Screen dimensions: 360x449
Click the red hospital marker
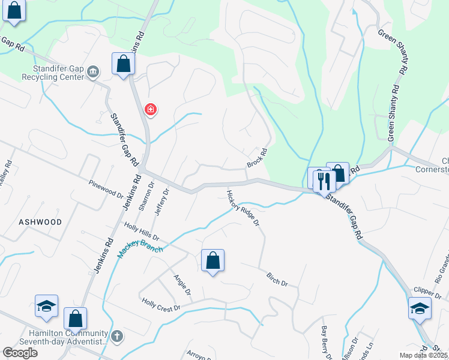click(151, 110)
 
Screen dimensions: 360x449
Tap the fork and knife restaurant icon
click(324, 179)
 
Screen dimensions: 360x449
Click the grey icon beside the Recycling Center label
click(93, 73)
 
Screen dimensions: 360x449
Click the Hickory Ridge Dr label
click(243, 208)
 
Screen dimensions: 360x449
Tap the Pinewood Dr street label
click(105, 191)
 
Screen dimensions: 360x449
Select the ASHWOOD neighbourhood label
click(40, 222)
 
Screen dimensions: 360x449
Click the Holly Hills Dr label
click(142, 233)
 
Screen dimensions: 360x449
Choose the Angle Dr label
click(182, 285)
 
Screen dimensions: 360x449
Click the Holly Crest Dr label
click(161, 305)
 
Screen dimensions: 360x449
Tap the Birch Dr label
click(277, 278)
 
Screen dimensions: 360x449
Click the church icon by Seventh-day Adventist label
click(117, 336)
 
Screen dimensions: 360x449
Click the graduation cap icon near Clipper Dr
click(420, 308)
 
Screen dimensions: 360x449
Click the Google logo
click(20, 353)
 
